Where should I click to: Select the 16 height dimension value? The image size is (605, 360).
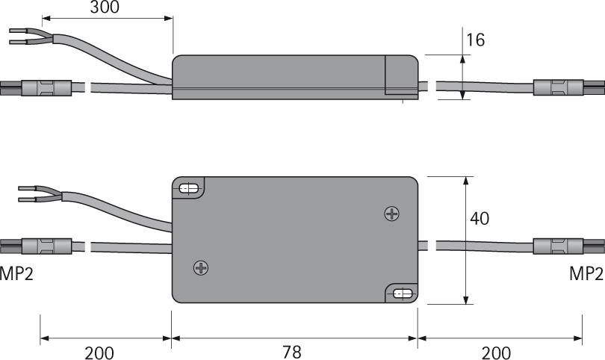coord(474,40)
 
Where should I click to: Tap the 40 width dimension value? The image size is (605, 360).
coord(481,219)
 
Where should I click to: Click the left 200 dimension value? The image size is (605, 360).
coord(99,351)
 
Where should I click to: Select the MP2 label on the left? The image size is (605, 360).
coord(16,273)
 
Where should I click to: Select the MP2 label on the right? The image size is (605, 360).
coord(586,273)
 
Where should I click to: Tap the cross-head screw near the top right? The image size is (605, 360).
coord(391,214)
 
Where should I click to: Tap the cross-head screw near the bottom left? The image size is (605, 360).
coord(200,267)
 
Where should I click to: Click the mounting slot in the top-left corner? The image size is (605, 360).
coord(189,189)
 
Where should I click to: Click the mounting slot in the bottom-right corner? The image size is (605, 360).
coord(402,294)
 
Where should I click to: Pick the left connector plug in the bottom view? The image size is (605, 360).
coord(37,246)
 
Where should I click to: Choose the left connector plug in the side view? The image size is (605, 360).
coord(37,88)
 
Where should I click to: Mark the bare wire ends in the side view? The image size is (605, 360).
coord(21,37)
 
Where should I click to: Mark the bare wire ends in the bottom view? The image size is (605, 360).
coord(27,194)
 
